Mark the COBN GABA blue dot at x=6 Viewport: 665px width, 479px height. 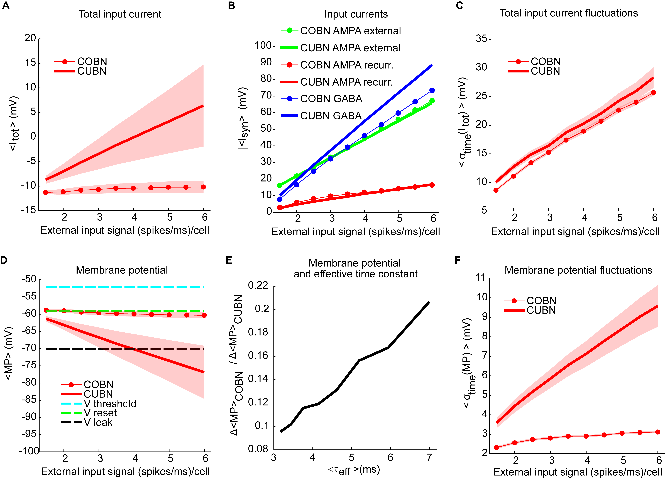[x=432, y=90]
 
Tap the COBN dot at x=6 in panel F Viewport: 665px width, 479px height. [x=658, y=432]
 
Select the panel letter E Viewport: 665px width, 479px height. [x=229, y=260]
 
